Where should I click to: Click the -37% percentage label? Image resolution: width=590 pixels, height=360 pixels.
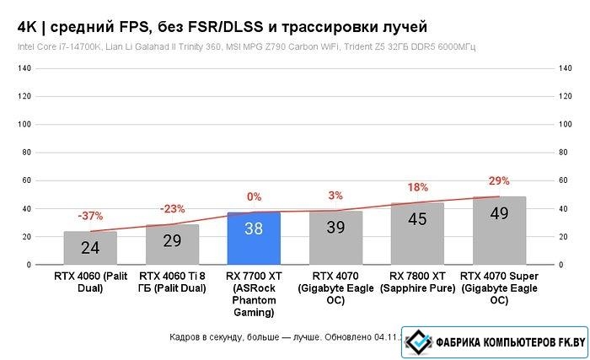90,216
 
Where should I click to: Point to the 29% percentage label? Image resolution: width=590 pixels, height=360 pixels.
499,181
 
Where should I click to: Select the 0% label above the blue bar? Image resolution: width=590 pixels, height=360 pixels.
254,197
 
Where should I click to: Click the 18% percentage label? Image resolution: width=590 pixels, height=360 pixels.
417,187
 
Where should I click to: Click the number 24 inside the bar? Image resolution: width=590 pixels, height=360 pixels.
90,248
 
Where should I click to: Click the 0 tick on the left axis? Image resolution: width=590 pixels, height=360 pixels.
28,265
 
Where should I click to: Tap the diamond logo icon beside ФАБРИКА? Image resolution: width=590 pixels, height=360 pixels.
417,341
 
